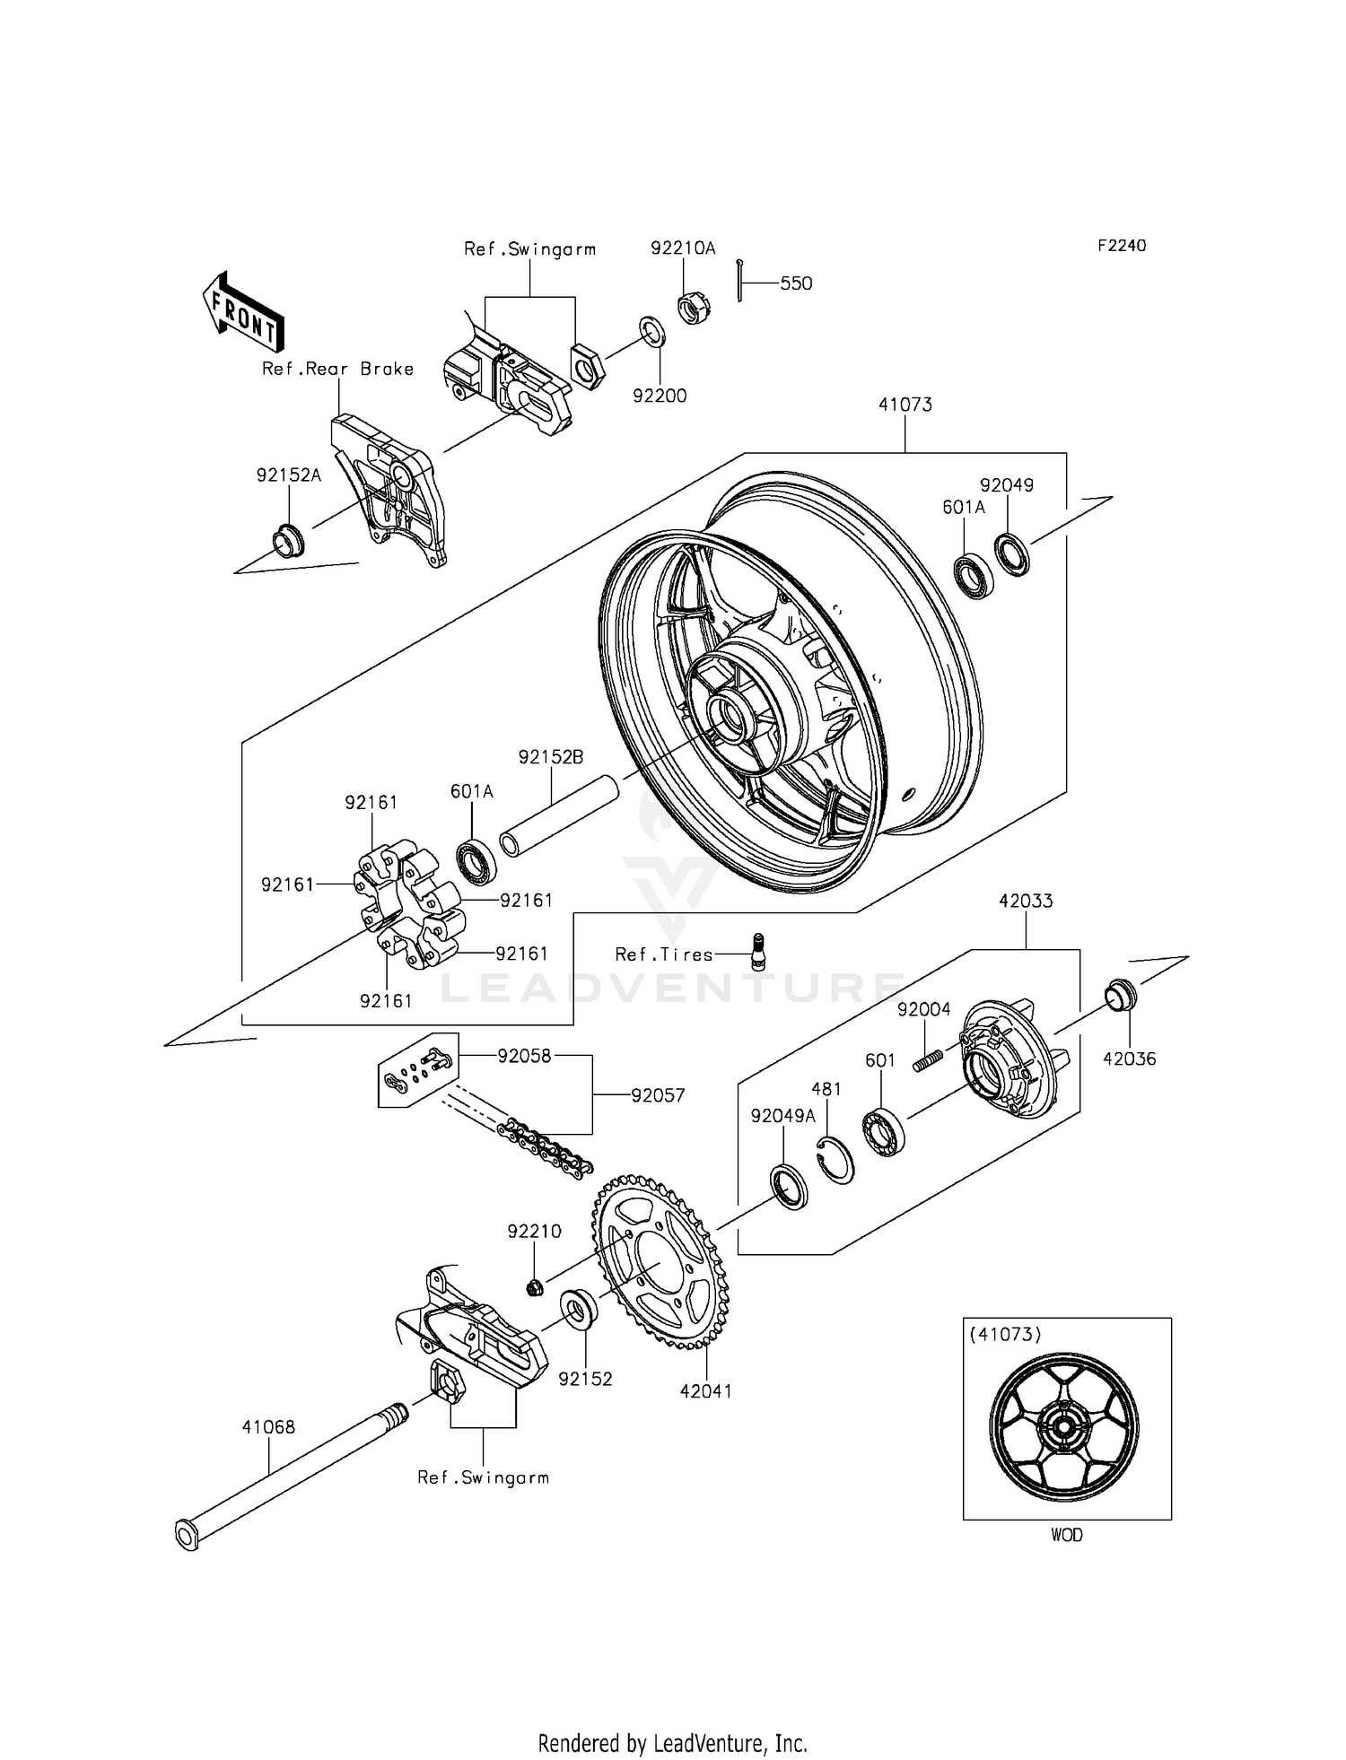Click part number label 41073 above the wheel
(905, 405)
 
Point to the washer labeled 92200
(652, 331)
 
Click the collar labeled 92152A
(288, 540)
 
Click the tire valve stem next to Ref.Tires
(758, 950)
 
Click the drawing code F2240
(1121, 245)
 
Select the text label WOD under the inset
(1066, 1535)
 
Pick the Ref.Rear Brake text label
(337, 369)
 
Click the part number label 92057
(658, 1095)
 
